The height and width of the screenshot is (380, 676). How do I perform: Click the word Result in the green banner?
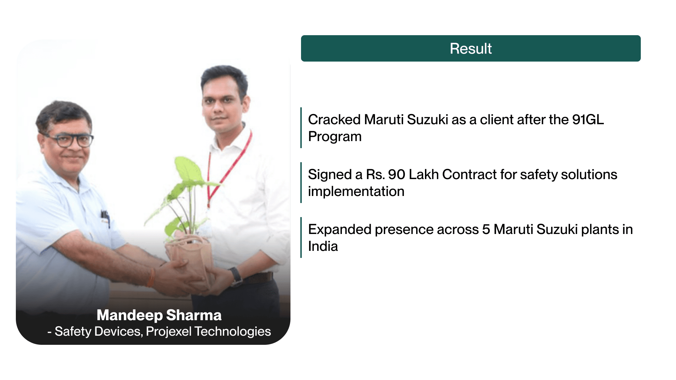coord(471,49)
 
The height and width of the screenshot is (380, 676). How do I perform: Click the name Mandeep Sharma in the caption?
coord(159,315)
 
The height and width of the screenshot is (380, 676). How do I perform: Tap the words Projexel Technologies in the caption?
coord(208,331)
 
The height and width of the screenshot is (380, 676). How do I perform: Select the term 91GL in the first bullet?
coord(588,120)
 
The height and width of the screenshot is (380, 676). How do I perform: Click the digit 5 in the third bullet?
coord(486,229)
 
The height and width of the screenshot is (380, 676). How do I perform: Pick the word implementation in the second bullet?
coord(356,191)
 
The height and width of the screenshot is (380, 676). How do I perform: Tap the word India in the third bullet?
coord(323,246)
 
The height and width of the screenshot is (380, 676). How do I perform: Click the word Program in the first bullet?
coord(335,137)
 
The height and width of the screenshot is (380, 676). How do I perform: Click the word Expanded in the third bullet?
coord(340,230)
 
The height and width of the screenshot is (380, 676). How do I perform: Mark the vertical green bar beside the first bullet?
coord(301,128)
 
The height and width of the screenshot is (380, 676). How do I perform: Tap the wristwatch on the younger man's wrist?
coord(236,276)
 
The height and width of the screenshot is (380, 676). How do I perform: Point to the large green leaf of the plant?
coord(188,171)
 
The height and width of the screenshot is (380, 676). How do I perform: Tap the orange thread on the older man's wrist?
coord(151,278)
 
